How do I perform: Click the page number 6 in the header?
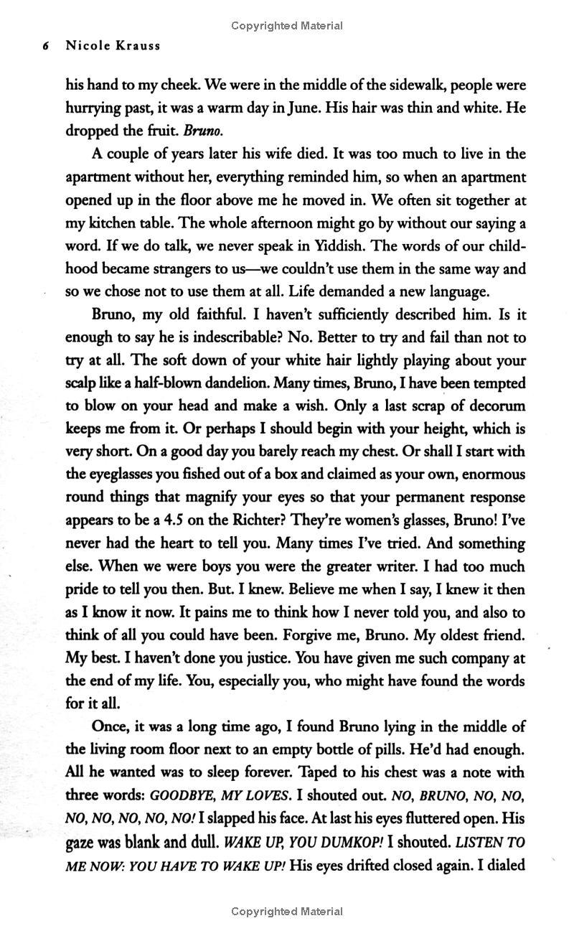click(x=46, y=45)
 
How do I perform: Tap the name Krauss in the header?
click(x=137, y=45)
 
